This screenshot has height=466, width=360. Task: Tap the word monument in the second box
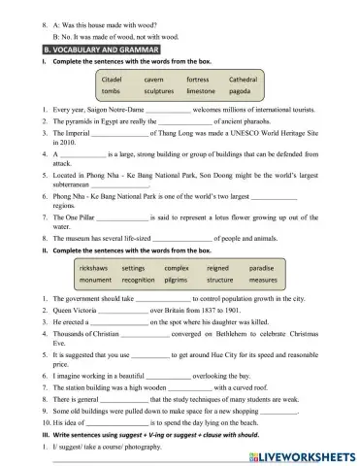pos(95,280)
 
